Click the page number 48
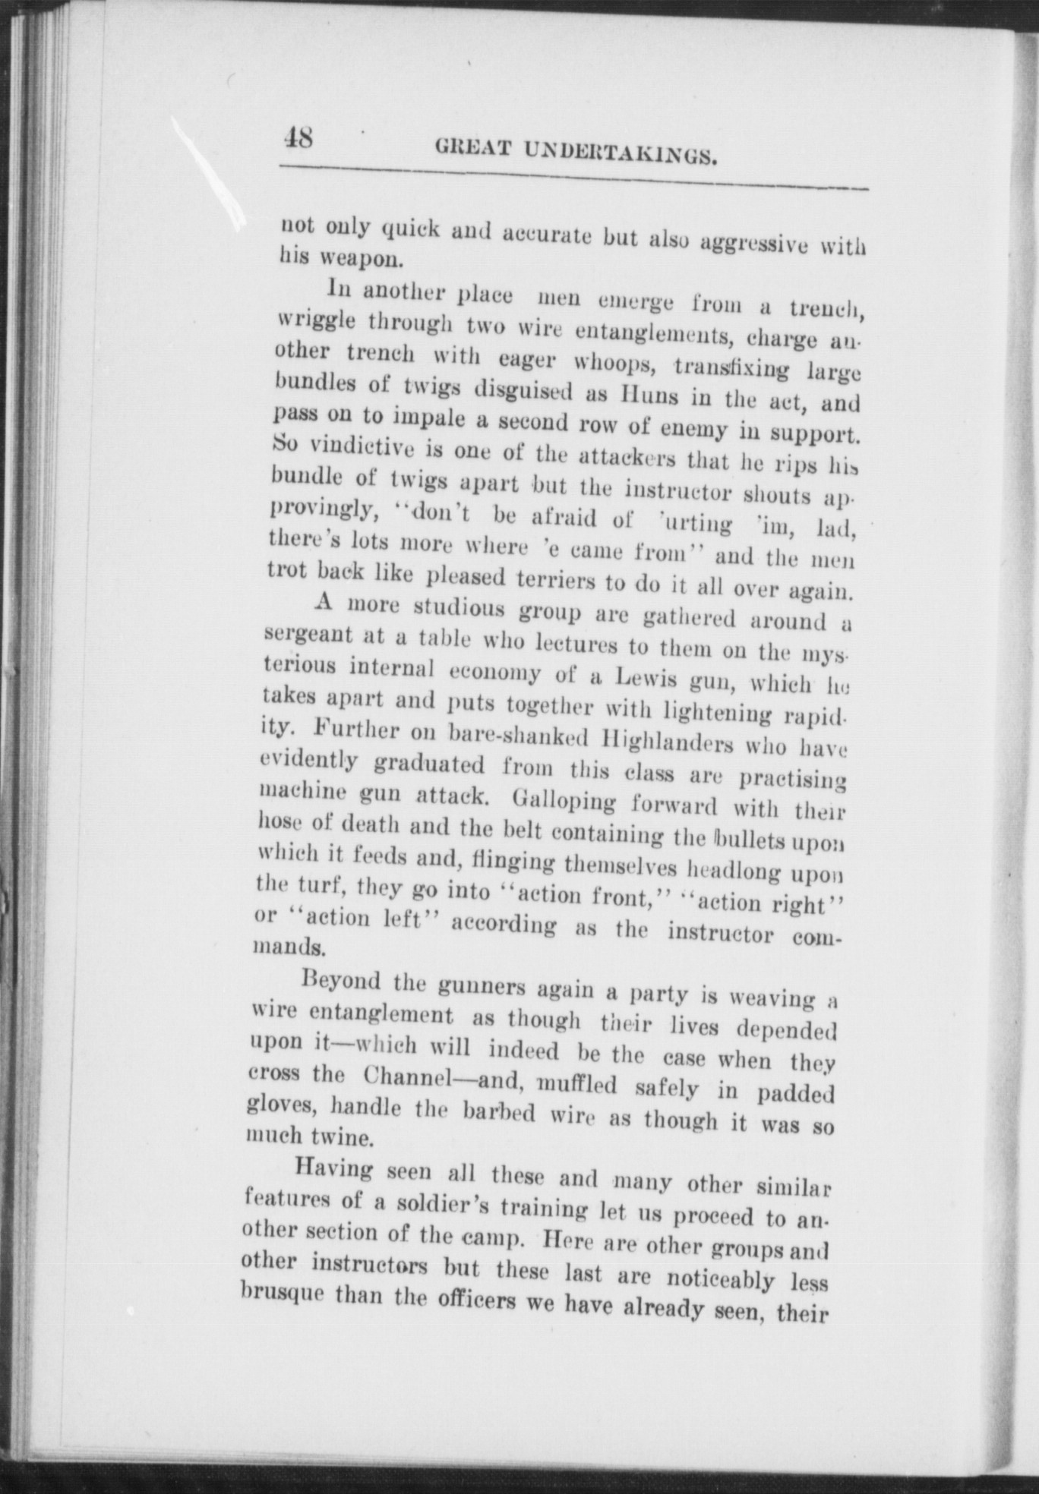pos(297,139)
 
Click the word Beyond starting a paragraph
pos(340,981)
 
